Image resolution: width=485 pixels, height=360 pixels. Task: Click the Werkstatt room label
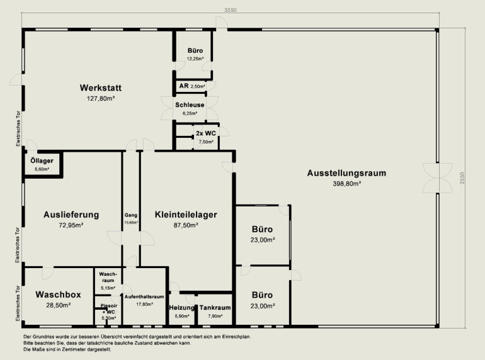101,87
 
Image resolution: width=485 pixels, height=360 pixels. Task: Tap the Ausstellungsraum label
346,173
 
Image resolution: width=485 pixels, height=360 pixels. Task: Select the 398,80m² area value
347,184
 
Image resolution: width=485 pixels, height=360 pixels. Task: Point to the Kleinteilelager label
186,215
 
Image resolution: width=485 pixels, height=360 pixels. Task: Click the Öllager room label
42,160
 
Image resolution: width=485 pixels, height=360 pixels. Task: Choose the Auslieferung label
71,215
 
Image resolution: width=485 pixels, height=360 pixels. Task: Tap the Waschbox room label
58,295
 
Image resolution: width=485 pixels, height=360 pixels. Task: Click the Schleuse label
190,104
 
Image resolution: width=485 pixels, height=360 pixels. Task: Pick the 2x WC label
206,133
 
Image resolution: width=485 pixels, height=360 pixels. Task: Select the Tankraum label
215,308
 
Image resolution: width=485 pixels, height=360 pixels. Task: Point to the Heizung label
182,308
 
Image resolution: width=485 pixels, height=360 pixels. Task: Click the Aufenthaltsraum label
144,296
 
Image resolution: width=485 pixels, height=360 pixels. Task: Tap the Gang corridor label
131,215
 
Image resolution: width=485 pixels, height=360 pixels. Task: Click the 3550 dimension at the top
230,10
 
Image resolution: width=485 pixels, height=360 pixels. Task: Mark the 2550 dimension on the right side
462,178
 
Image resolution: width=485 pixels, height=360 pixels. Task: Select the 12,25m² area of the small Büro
195,59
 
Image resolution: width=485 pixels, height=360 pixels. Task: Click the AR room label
184,86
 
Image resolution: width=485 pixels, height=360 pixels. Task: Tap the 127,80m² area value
101,99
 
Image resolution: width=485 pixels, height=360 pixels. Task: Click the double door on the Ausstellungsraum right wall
437,178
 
